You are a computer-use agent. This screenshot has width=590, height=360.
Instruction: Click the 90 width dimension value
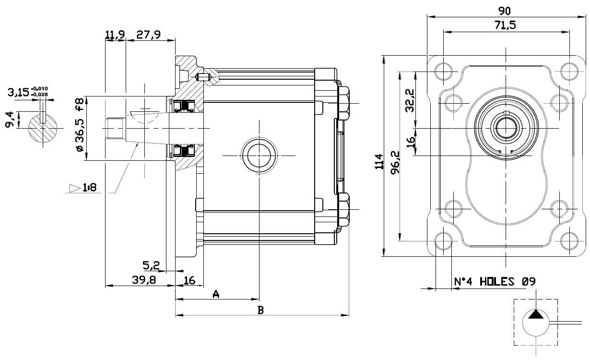coord(505,11)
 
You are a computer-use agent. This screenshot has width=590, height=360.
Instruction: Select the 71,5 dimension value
coord(505,25)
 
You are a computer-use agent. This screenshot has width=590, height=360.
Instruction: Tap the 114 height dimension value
coord(379,162)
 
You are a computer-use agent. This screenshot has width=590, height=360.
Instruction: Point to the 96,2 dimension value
coord(395,162)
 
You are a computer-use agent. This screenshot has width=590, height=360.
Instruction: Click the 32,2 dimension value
coord(410,101)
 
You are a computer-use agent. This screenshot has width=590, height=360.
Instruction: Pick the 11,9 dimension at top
coord(115,35)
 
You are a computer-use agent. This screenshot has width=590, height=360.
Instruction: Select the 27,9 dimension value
coord(148,35)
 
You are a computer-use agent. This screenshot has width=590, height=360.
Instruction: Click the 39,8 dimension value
coord(144,280)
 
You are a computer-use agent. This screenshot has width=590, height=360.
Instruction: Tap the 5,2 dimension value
coord(151,265)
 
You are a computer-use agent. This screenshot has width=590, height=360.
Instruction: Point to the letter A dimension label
coord(216,294)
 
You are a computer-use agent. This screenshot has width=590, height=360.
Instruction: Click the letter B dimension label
coord(260,310)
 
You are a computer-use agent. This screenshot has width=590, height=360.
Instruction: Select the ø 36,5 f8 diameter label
coord(80,125)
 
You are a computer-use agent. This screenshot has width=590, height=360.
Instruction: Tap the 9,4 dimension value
coord(9,120)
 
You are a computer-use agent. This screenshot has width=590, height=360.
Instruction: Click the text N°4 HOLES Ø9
coord(495,282)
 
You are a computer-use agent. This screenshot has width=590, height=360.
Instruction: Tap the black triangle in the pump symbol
coord(536,314)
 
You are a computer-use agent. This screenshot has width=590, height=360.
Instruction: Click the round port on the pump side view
coord(259,156)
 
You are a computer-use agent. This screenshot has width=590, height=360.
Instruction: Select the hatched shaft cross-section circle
coord(43,128)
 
